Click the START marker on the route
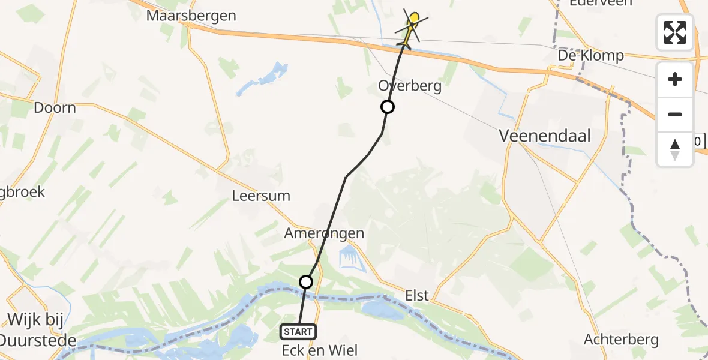298,332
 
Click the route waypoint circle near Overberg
388,107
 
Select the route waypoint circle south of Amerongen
306,281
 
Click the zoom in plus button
675,79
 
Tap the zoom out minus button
675,114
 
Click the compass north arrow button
675,149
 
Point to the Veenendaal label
545,136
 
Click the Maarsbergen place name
191,16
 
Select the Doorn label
55,108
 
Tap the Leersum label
261,196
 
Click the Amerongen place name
325,233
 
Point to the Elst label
416,295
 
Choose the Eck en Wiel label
320,350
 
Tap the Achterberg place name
621,340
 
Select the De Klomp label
590,56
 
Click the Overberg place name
410,86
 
